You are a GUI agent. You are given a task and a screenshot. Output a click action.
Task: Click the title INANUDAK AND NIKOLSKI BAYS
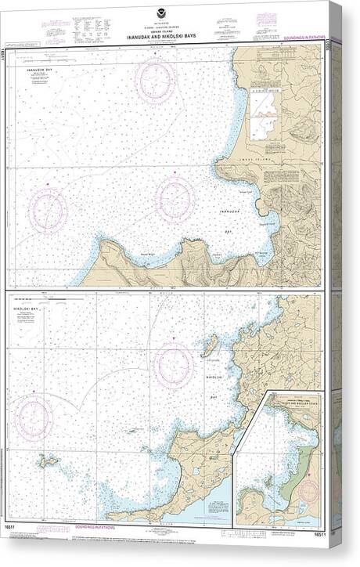tap(164, 35)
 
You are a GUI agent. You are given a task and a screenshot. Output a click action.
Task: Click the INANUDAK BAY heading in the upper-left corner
tap(39, 70)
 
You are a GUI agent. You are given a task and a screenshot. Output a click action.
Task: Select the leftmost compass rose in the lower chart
tap(34, 415)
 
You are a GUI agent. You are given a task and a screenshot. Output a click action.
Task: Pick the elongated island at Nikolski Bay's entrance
tap(208, 345)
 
